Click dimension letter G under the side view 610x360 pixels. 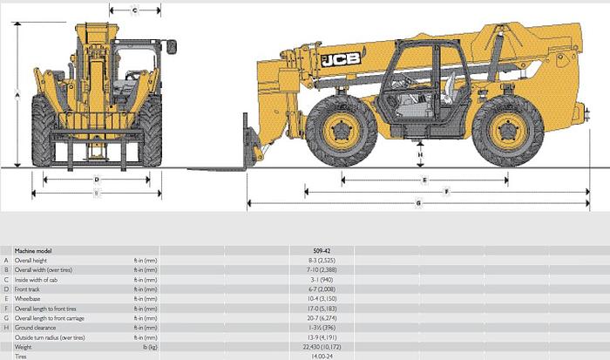tap(419, 203)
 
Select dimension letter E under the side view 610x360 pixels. tap(424, 180)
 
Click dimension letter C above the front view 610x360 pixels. tap(136, 10)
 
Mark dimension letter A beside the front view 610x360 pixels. tap(17, 92)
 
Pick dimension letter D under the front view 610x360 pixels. tap(96, 180)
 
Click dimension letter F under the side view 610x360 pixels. tap(446, 191)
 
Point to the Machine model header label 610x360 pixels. tap(33, 251)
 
